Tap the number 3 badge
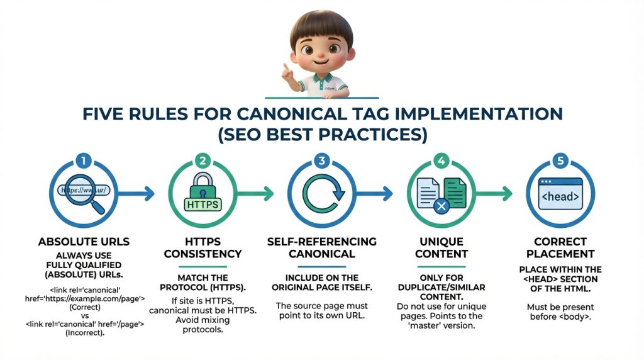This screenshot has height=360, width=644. click(x=322, y=160)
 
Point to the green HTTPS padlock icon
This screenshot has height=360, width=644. click(x=202, y=192)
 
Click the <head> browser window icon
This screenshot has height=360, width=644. click(x=559, y=193)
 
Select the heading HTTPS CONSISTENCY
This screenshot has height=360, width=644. click(x=201, y=247)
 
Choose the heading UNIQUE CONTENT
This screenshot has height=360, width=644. click(x=442, y=247)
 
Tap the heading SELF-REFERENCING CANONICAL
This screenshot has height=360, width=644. click(x=322, y=247)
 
